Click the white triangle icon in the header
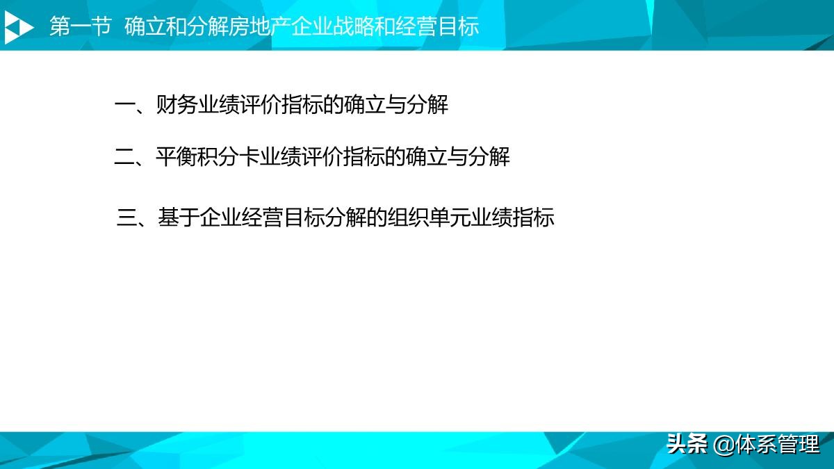click(x=19, y=27)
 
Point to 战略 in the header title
click(x=354, y=27)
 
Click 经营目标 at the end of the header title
click(x=438, y=27)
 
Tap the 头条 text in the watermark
click(x=687, y=443)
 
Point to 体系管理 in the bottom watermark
click(x=778, y=443)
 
